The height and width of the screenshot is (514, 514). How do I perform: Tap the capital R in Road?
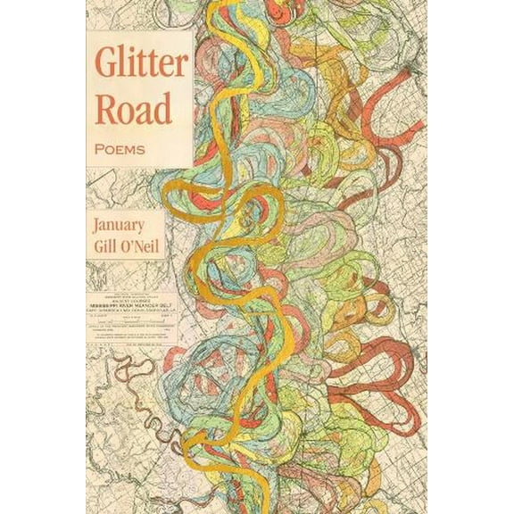click(x=106, y=112)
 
